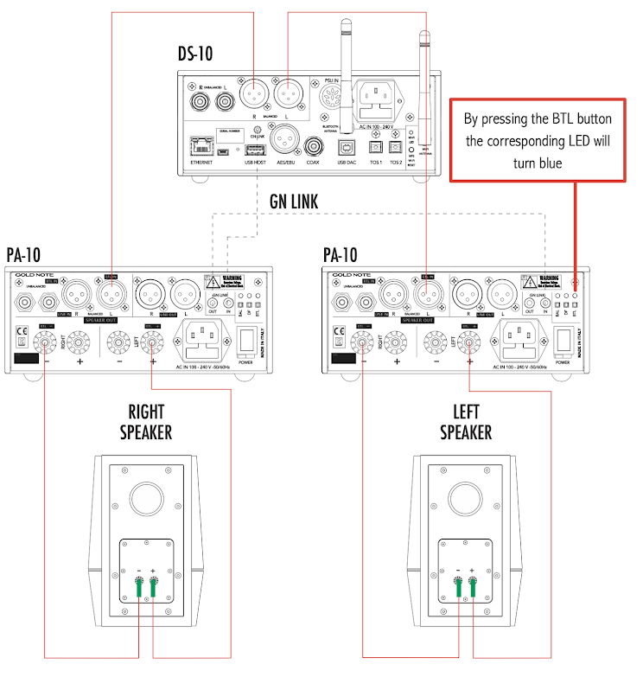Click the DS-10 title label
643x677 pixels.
195,54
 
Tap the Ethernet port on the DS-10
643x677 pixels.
201,145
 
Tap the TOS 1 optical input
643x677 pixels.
376,146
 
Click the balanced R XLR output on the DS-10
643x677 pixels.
255,91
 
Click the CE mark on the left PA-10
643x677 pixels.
22,331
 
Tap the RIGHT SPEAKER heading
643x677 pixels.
144,421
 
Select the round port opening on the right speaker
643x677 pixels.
145,500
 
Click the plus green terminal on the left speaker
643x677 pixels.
473,591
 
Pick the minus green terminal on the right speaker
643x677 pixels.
138,591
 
